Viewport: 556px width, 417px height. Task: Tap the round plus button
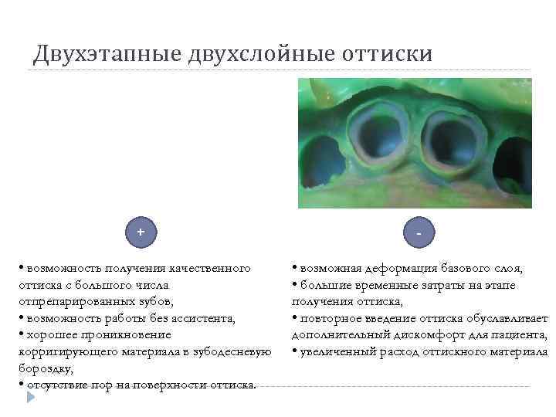tap(141, 232)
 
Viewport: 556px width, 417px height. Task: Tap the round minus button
tap(418, 232)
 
